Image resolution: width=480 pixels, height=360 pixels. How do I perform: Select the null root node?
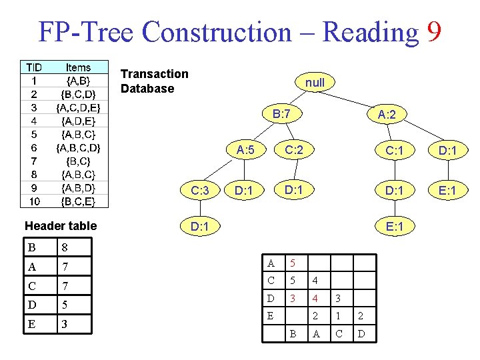[x=315, y=83]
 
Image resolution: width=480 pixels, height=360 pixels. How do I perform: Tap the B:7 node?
[x=281, y=114]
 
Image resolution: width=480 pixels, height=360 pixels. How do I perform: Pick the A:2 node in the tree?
[x=387, y=115]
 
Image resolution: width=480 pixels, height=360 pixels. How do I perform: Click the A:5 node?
[x=245, y=150]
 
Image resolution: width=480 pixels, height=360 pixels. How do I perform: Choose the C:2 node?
[x=294, y=149]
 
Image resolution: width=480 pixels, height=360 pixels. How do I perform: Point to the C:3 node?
[x=200, y=191]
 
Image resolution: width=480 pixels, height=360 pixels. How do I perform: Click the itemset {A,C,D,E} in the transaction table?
[x=79, y=107]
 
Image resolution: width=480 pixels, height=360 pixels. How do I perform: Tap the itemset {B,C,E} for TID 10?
[x=79, y=201]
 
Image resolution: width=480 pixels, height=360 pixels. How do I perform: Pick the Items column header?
[x=79, y=67]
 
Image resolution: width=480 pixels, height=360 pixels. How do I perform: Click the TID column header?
[x=33, y=67]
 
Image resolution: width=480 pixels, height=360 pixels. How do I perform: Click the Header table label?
[x=61, y=225]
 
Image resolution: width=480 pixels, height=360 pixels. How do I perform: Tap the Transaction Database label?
[x=155, y=81]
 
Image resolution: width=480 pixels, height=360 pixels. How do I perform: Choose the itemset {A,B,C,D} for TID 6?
[x=79, y=147]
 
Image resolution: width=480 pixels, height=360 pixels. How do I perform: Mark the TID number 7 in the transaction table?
[x=33, y=161]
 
